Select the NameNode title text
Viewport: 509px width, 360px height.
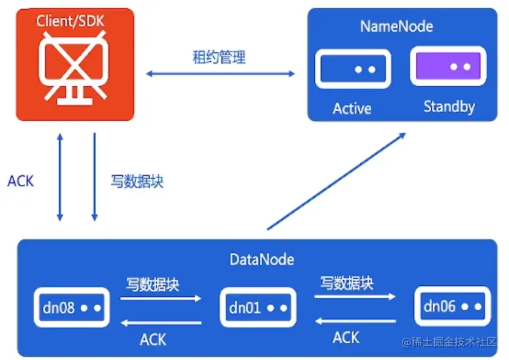click(396, 26)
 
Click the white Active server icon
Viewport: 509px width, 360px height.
click(353, 69)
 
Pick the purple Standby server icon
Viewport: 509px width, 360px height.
click(448, 66)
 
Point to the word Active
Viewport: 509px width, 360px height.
click(352, 108)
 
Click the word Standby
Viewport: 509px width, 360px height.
click(449, 107)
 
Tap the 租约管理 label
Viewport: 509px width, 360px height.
click(219, 58)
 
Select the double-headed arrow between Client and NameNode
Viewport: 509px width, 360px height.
click(220, 74)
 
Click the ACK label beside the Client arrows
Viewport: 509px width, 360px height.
click(21, 181)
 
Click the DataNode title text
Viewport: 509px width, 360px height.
click(262, 260)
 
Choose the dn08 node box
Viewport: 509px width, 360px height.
click(72, 306)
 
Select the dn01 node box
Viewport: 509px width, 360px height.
click(257, 307)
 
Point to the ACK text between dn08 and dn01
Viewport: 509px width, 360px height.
click(153, 339)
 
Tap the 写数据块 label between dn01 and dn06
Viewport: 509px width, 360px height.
click(347, 283)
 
